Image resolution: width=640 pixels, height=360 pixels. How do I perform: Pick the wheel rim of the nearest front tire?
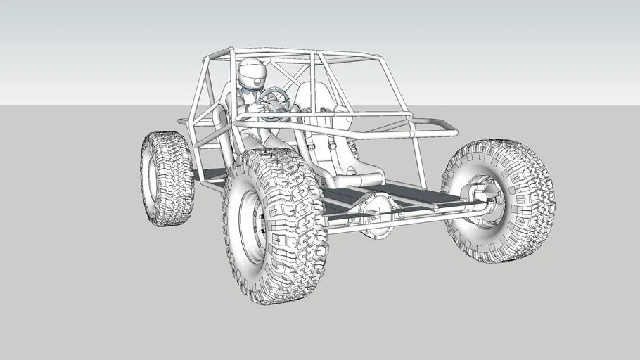point(251,226)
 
